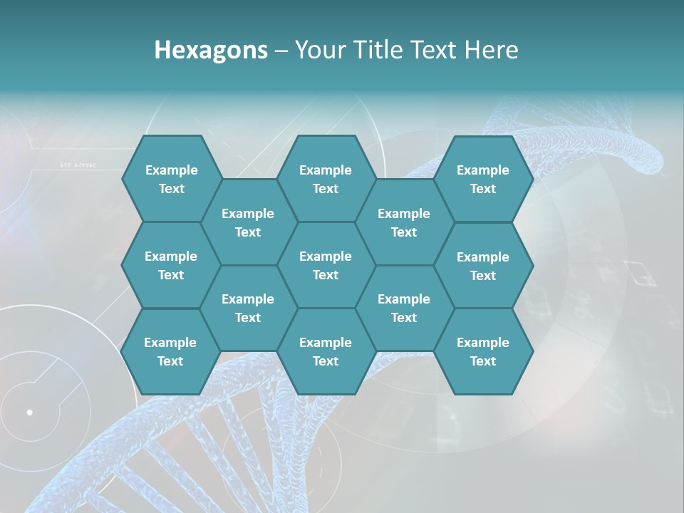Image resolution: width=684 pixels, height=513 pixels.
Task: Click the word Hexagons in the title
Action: point(211,50)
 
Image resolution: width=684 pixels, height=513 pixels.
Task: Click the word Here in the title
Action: point(491,50)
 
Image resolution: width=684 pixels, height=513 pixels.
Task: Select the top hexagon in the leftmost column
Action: point(171,179)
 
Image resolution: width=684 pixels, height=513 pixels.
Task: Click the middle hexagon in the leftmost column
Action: point(171,265)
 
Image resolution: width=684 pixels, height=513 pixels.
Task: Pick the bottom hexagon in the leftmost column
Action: point(170,351)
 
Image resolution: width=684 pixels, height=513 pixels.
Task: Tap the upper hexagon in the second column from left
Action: point(248,222)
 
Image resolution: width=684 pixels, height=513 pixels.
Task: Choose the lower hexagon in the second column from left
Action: point(248,308)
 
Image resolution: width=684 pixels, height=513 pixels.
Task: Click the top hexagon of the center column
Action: point(326,179)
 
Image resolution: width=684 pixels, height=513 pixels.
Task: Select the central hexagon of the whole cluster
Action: point(326,265)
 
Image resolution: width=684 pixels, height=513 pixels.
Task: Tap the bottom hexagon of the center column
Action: point(326,351)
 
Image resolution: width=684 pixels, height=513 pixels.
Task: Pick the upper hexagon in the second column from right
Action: point(404,222)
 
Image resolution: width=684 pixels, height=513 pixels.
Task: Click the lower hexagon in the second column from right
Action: point(404,308)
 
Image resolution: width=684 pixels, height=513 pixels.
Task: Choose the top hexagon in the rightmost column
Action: point(483,179)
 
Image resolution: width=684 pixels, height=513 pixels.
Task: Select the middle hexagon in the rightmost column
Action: point(483,266)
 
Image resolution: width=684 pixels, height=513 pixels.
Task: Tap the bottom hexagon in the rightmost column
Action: point(483,351)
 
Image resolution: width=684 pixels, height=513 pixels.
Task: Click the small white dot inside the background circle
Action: point(29,412)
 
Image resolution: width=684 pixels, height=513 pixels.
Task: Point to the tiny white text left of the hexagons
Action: point(78,165)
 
